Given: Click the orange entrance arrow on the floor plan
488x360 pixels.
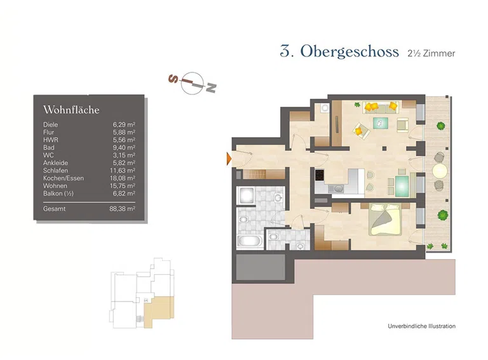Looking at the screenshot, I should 229,158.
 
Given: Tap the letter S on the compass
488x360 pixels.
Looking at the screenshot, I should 172,79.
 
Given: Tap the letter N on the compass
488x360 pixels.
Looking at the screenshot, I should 212,88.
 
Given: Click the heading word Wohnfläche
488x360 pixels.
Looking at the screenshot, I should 71,110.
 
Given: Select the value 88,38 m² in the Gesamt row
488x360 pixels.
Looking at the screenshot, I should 122,208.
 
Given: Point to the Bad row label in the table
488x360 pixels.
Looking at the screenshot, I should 48,147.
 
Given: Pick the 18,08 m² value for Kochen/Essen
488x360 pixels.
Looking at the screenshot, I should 122,178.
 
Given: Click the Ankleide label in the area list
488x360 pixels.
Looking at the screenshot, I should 55,163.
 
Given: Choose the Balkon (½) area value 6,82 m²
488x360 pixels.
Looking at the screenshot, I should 123,193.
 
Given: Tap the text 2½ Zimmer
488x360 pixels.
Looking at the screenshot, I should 431,54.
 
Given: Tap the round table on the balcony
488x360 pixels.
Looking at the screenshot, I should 440,171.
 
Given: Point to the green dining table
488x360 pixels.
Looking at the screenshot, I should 403,185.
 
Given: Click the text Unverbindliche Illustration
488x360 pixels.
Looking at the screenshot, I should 421,326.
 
